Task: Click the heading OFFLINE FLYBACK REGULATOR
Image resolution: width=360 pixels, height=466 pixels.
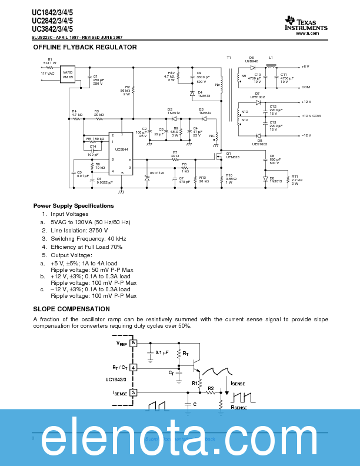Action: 85,47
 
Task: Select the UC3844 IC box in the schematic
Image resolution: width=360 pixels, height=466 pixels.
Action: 121,152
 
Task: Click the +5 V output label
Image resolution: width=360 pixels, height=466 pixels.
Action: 305,67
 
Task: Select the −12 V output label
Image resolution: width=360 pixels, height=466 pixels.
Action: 305,135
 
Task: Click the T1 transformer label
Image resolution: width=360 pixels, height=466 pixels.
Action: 229,57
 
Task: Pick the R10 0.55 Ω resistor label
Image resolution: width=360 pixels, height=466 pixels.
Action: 230,178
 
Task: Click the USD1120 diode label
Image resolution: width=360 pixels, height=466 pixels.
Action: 156,173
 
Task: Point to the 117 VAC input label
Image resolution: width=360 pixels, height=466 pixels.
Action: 48,74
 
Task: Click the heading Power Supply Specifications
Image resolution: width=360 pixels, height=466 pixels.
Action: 74,206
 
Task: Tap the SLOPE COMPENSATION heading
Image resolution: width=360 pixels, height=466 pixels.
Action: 71,309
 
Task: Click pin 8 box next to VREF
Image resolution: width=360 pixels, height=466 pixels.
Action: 134,342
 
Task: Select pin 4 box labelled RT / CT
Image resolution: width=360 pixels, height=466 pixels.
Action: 134,368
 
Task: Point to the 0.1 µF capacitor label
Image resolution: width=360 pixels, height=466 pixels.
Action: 162,352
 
